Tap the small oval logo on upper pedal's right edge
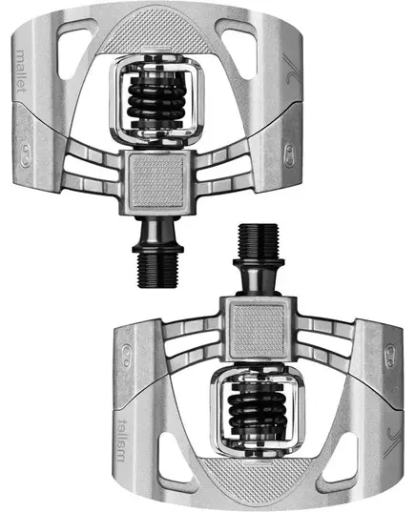click(x=289, y=150)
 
